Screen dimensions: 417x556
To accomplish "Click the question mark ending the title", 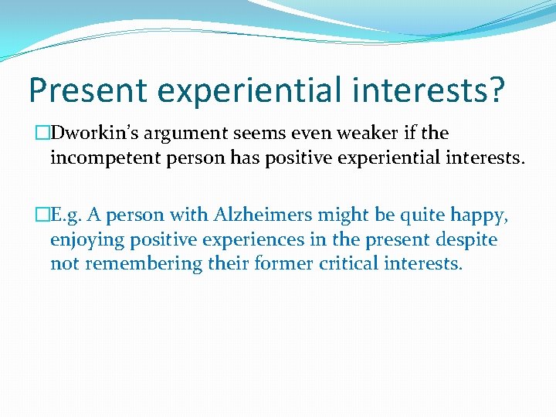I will click(494, 90).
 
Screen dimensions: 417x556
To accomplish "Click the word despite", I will click(469, 239).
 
